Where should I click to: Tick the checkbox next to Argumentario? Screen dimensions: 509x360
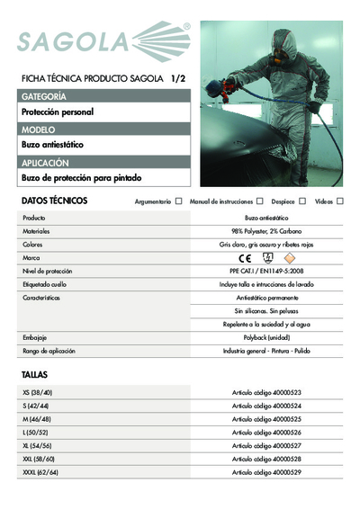[179, 201]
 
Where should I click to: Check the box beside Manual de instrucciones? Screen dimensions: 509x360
[259, 201]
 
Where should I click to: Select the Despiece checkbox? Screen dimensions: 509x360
[303, 201]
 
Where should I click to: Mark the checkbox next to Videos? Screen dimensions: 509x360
[341, 201]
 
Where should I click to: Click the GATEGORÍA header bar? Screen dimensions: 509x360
[104, 95]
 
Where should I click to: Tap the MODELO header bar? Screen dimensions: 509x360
[104, 129]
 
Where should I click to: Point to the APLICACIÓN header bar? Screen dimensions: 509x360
[104, 163]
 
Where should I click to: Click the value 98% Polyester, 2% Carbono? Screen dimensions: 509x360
[266, 231]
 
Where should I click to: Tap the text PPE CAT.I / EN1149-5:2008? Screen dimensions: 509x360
[266, 271]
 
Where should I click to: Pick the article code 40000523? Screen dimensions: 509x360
[266, 393]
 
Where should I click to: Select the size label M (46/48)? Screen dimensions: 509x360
[38, 419]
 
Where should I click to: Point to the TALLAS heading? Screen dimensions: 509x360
[35, 373]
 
